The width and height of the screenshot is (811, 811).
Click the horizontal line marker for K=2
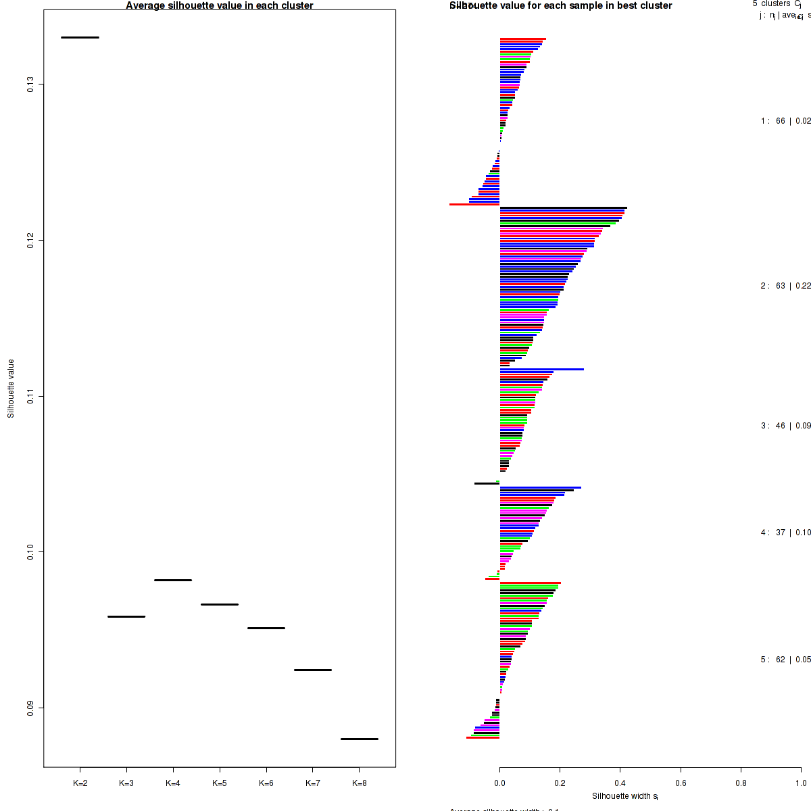[80, 37]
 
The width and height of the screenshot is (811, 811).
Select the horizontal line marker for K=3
[126, 616]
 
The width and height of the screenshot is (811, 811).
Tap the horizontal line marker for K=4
[173, 580]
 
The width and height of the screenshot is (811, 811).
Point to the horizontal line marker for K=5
[220, 604]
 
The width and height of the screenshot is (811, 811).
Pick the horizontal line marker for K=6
[266, 628]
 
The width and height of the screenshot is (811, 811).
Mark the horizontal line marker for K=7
[313, 670]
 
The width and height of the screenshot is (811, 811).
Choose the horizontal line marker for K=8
[360, 739]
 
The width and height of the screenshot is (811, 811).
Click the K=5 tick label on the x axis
[220, 783]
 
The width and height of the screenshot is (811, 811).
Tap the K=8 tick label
[360, 783]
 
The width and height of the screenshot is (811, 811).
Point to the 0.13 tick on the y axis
[30, 84]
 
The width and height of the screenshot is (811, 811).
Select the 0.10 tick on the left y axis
[30, 551]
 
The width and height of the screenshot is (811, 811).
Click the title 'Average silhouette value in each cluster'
[220, 5]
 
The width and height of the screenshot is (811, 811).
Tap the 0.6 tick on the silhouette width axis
[681, 783]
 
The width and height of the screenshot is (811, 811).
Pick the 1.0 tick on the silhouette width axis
[801, 783]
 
